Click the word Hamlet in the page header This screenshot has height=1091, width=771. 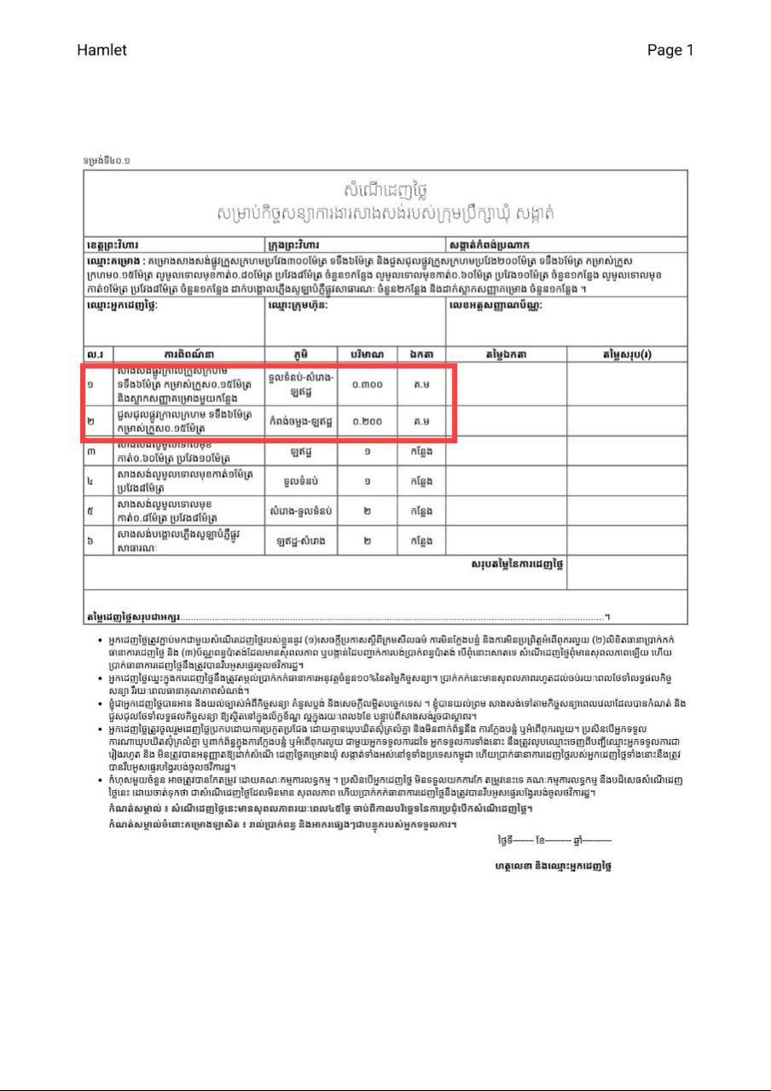coord(101,50)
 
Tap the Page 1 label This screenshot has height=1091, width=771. coord(670,50)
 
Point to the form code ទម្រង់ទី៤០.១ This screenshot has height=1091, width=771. coord(107,160)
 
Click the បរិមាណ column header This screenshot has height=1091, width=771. coord(367,355)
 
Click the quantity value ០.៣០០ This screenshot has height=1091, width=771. coord(367,384)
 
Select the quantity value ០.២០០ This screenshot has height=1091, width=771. coord(367,422)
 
